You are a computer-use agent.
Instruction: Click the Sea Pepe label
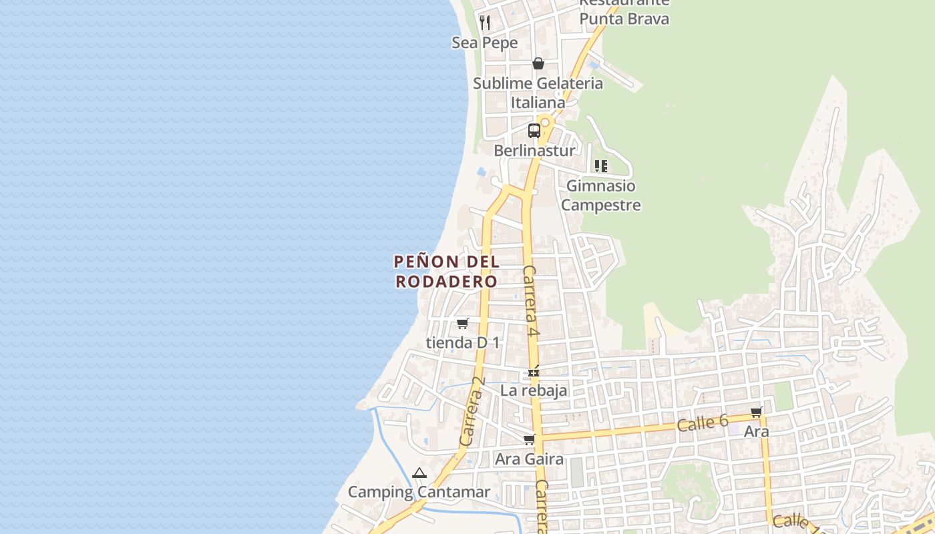tap(485, 43)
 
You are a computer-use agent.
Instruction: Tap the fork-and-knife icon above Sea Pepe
tap(486, 23)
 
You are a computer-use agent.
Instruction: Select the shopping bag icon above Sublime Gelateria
tap(538, 63)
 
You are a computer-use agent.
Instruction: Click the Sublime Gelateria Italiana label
tap(538, 93)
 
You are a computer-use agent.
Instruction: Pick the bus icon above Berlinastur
tap(534, 131)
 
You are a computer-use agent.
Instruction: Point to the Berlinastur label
tap(534, 151)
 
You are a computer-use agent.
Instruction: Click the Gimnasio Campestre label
tap(600, 196)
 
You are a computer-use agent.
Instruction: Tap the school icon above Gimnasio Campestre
tap(601, 166)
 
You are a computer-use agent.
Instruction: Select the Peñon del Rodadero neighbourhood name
tap(447, 271)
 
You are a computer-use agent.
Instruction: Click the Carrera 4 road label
tap(530, 301)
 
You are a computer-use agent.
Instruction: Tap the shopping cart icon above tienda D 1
tap(462, 324)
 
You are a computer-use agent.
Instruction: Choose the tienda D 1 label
tap(463, 343)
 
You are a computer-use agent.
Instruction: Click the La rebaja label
tap(534, 390)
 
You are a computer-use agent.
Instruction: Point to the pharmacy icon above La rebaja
tap(534, 371)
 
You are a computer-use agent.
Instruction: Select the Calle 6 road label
tap(702, 423)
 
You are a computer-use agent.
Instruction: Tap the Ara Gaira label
tap(529, 459)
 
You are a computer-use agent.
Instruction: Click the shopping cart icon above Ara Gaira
tap(530, 440)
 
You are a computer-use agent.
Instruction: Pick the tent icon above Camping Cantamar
tap(419, 474)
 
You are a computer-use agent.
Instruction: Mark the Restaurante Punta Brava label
tap(624, 12)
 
